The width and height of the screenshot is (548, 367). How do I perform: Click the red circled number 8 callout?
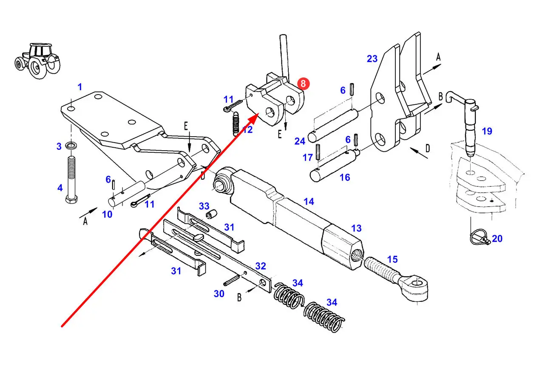pyautogui.click(x=304, y=83)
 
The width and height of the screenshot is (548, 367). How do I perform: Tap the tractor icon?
pyautogui.click(x=37, y=61)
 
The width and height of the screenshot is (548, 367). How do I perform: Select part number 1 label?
pyautogui.click(x=80, y=87)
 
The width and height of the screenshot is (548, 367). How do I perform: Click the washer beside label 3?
pyautogui.click(x=71, y=146)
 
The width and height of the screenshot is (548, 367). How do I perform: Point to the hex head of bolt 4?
pyautogui.click(x=71, y=199)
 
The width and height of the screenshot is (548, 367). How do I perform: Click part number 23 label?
pyautogui.click(x=372, y=59)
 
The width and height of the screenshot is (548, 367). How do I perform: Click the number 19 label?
pyautogui.click(x=487, y=131)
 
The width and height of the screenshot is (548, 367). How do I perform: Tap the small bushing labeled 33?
pyautogui.click(x=212, y=214)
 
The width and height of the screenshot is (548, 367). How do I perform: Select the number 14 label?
pyautogui.click(x=309, y=202)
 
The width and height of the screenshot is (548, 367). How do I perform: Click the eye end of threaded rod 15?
pyautogui.click(x=414, y=288)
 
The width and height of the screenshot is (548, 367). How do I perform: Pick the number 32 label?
pyautogui.click(x=261, y=266)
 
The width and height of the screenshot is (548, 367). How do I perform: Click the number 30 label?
pyautogui.click(x=219, y=294)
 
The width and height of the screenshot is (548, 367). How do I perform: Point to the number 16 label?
pyautogui.click(x=345, y=178)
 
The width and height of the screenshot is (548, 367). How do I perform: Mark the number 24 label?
pyautogui.click(x=300, y=141)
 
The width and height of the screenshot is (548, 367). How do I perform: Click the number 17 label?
pyautogui.click(x=308, y=158)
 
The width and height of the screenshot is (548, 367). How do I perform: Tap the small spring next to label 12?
pyautogui.click(x=236, y=124)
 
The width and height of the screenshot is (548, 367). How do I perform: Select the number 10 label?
pyautogui.click(x=107, y=215)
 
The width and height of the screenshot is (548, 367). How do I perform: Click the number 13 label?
pyautogui.click(x=356, y=228)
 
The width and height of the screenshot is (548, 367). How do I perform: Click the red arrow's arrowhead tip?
pyautogui.click(x=259, y=114)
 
